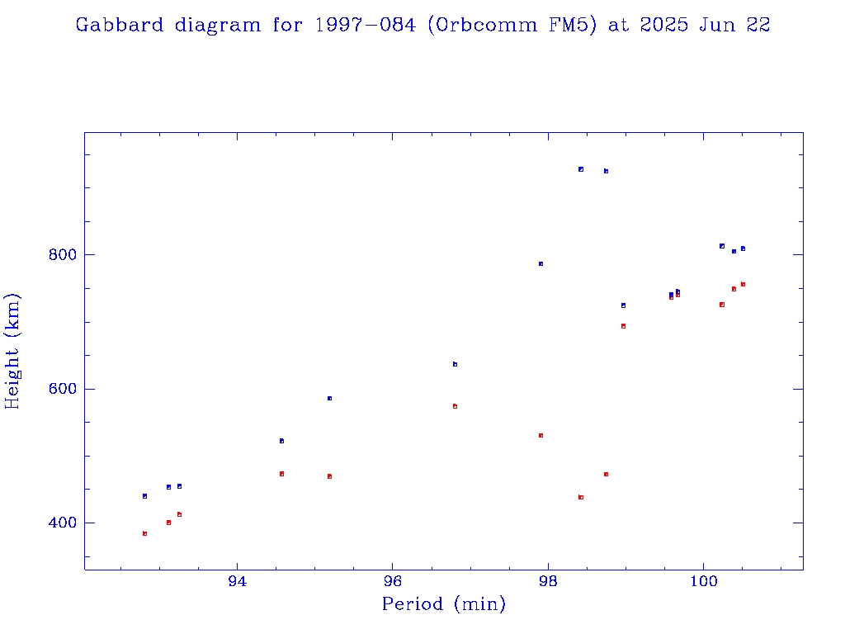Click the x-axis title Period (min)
click(x=444, y=604)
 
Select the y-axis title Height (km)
click(x=13, y=351)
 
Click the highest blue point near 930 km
click(x=581, y=169)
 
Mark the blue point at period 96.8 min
click(x=455, y=364)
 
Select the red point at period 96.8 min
click(x=455, y=406)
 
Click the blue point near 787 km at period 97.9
click(x=541, y=263)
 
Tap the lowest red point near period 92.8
click(x=144, y=534)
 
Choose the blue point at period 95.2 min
click(x=329, y=398)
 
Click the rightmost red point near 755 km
click(x=743, y=284)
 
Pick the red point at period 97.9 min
click(x=541, y=435)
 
